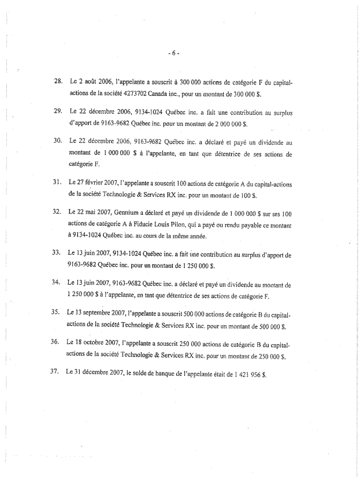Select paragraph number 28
(58, 82)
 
